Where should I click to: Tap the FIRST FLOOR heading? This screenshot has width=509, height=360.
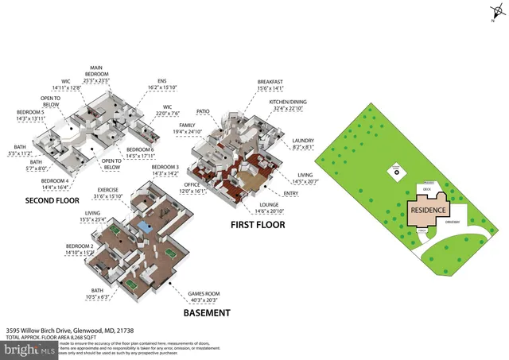pos(258,225)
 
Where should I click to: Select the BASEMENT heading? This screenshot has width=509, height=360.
pos(206,313)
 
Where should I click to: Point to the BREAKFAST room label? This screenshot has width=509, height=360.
pos(270,82)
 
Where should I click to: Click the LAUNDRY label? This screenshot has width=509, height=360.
pos(304,140)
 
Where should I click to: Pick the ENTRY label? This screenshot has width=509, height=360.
pos(291,192)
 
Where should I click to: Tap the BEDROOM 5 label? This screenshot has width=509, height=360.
pos(31,113)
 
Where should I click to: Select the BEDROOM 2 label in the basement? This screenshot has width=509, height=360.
pos(80,246)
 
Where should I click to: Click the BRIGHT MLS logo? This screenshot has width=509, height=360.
pos(28,350)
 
